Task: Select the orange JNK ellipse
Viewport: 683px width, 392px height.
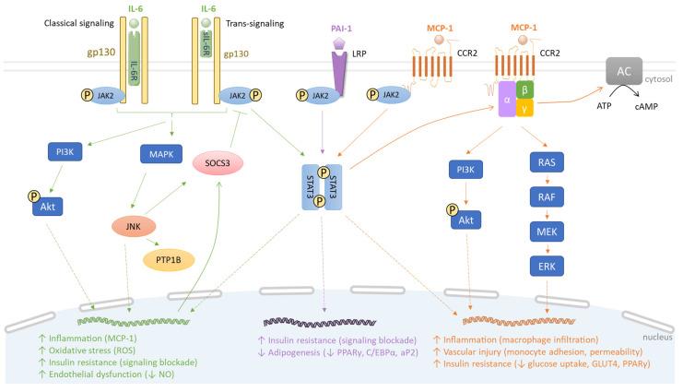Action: tap(135, 224)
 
